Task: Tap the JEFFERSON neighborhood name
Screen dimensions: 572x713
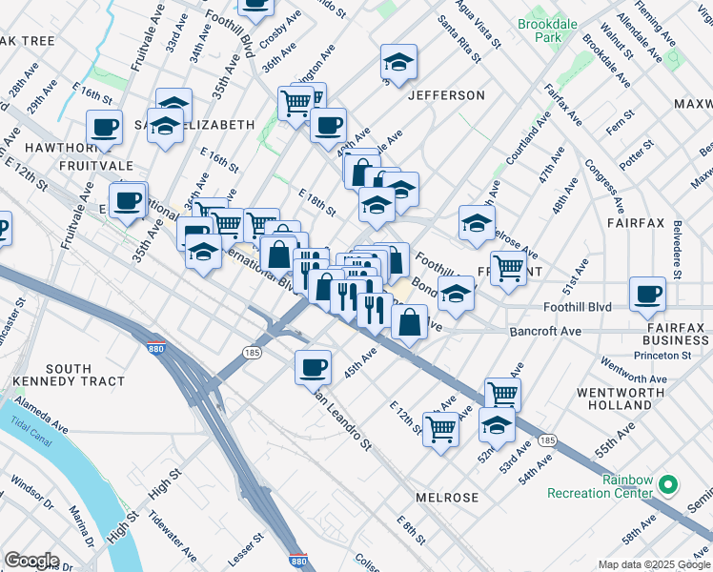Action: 446,95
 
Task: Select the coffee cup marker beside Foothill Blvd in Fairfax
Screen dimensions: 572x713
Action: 648,295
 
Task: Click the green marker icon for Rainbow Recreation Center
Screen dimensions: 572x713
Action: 668,485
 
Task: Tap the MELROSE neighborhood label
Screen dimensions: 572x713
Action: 447,498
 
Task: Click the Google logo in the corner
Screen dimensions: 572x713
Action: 31,560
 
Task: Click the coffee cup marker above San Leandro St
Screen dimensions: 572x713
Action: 313,367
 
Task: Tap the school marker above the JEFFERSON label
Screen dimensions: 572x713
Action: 398,63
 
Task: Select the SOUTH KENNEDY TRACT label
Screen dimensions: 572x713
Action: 84,375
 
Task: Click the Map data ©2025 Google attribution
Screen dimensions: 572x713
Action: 653,563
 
